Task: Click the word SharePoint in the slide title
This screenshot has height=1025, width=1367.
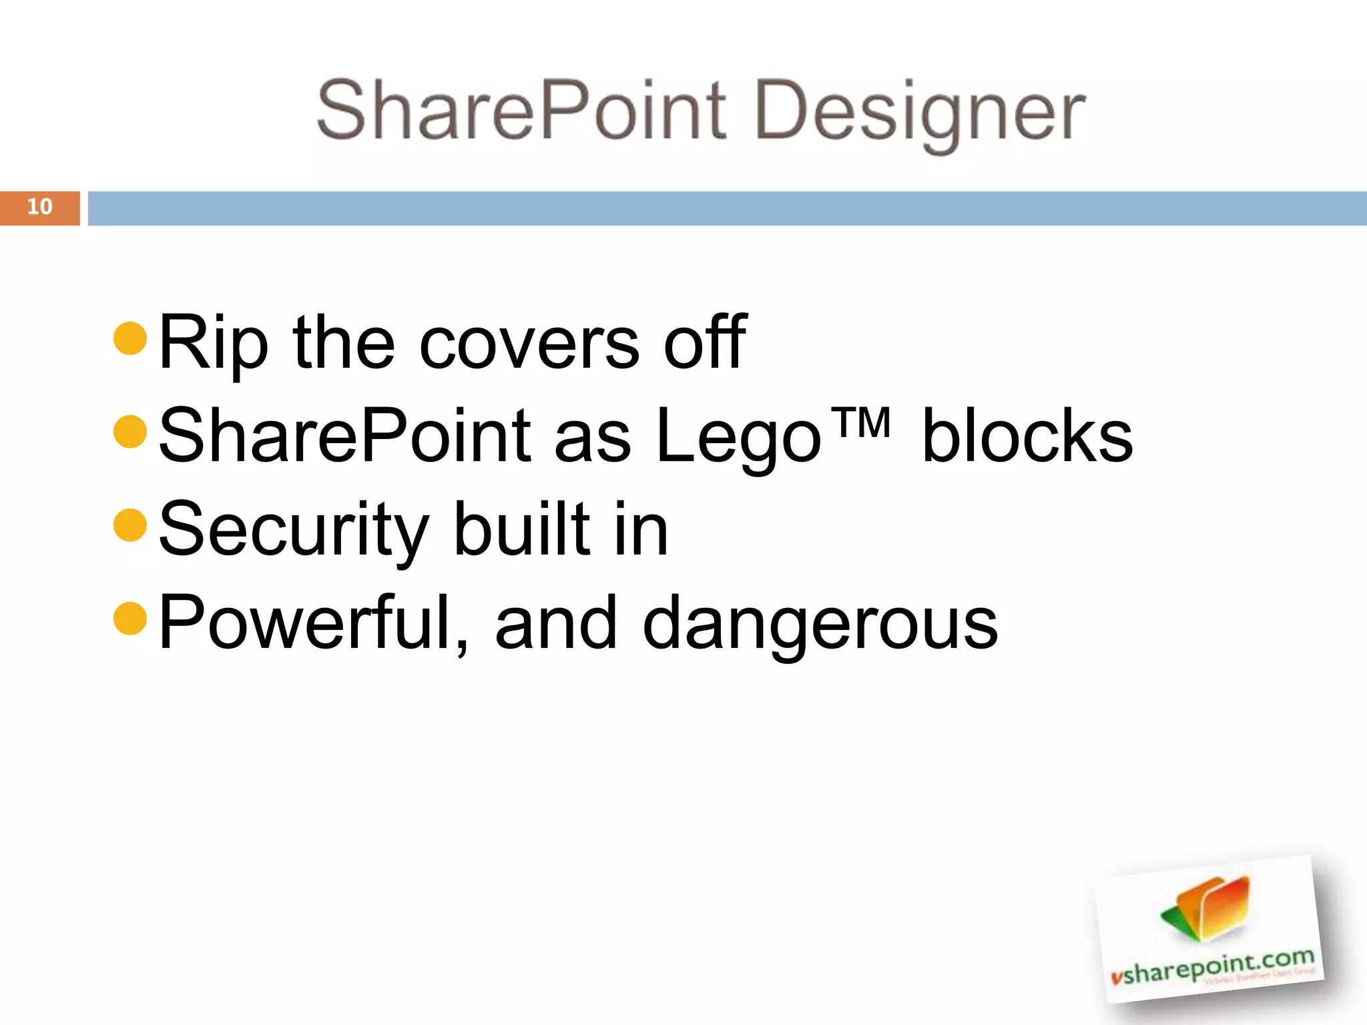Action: click(521, 110)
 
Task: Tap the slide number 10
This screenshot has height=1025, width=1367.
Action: click(39, 207)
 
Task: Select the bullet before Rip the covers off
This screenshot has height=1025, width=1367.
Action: click(130, 338)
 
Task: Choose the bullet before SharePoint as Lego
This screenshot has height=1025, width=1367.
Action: click(130, 432)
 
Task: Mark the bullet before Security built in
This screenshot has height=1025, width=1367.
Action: click(130, 525)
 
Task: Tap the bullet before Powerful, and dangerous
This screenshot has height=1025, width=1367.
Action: click(130, 619)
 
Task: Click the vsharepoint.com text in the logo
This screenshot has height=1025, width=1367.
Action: click(1212, 966)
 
